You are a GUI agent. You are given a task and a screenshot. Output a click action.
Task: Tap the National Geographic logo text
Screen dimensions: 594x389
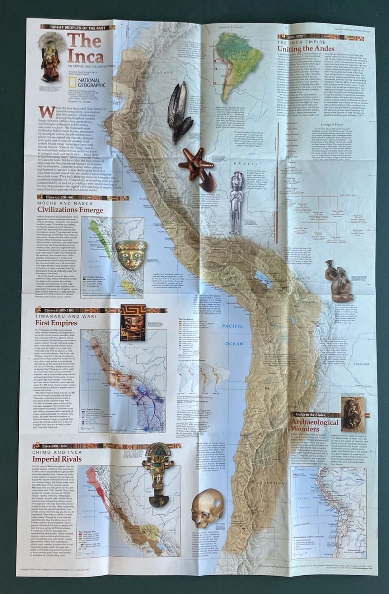pos(92,82)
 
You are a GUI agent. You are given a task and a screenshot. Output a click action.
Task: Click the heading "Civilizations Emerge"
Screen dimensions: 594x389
pos(71,210)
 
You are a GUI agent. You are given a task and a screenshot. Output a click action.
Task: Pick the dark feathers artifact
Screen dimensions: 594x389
pos(179,111)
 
